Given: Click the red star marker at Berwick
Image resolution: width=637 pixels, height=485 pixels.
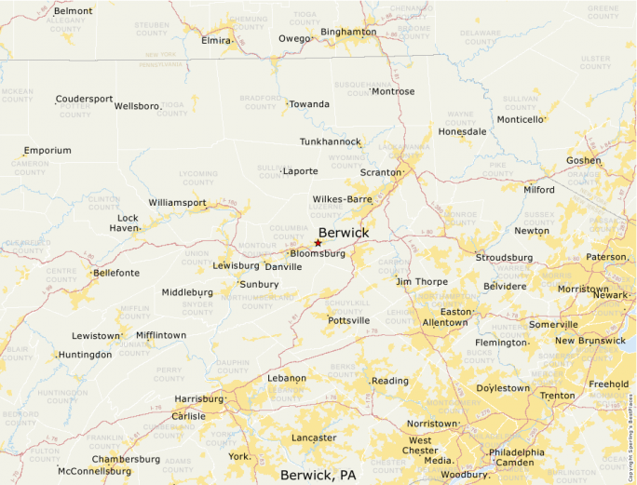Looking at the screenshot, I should (x=318, y=243).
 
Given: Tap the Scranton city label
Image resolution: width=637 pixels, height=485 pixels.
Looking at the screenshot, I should (x=380, y=172).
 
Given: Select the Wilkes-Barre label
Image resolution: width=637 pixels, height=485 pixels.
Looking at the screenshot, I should (x=343, y=199).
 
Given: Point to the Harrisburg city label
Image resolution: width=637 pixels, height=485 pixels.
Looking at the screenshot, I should (x=198, y=398).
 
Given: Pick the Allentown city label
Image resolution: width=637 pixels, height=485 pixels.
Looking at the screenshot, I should (x=445, y=322).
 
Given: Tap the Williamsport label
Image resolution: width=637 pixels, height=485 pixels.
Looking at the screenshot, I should (x=177, y=202).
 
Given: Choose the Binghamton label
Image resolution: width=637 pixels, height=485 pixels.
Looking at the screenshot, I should (x=348, y=32).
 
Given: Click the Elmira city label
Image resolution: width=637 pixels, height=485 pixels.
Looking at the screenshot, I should (x=216, y=40).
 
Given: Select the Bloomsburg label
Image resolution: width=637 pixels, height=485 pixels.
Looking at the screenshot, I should (x=318, y=253).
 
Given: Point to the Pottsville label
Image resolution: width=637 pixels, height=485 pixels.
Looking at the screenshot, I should (x=348, y=320).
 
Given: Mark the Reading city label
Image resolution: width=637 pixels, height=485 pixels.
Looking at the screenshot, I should (x=390, y=381).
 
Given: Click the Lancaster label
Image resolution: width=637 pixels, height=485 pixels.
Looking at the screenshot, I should (x=314, y=438).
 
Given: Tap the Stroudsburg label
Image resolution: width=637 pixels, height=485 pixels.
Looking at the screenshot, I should (x=504, y=257).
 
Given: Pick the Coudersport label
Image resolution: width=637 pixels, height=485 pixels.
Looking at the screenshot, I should (x=84, y=99).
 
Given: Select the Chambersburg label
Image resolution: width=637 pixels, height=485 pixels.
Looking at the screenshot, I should (x=126, y=459).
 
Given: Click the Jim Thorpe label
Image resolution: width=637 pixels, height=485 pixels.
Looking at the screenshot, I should (x=422, y=281).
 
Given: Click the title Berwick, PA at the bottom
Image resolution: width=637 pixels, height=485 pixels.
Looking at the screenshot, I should (x=318, y=475).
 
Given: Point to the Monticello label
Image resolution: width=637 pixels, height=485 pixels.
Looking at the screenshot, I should (x=520, y=119).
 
